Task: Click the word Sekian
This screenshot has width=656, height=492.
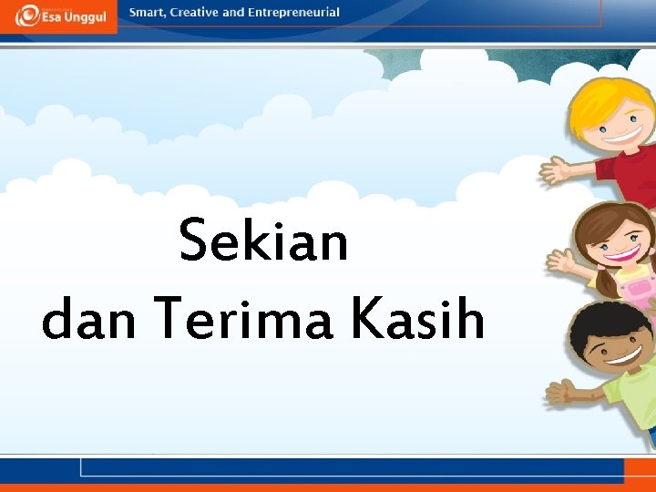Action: coord(264,241)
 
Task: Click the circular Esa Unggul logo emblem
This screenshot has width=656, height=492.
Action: coord(27,15)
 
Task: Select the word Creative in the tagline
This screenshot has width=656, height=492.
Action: coord(195,13)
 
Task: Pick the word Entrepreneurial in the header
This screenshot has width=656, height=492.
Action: coord(293,13)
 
